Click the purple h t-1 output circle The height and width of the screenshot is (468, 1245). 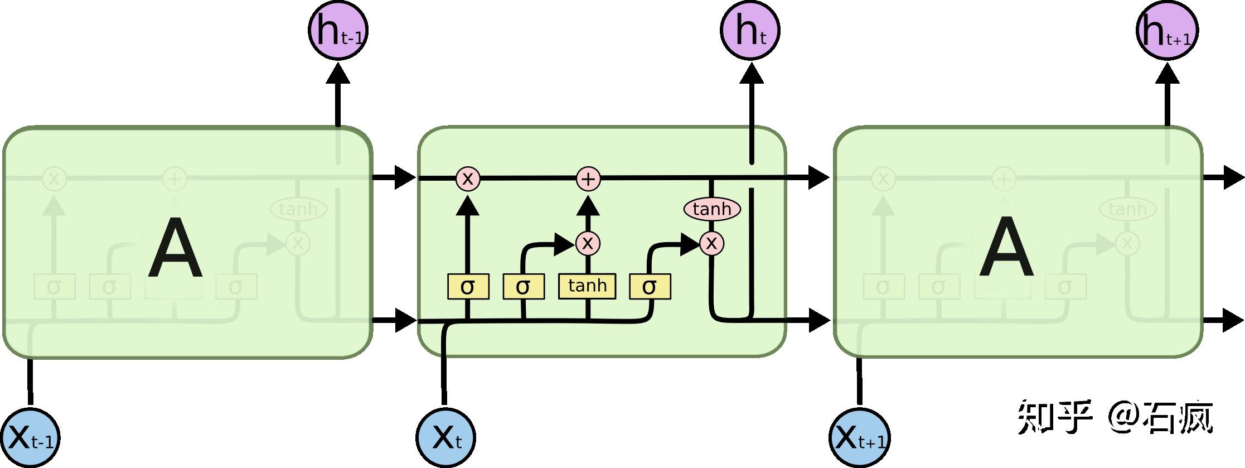[338, 30]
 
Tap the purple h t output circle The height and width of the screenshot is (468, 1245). [750, 30]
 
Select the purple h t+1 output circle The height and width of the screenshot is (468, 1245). [1166, 30]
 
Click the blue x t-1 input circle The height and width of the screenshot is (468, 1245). [29, 437]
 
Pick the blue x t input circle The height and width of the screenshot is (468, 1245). [445, 437]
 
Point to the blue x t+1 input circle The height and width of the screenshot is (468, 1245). [859, 437]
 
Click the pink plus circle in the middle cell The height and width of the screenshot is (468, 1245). [588, 179]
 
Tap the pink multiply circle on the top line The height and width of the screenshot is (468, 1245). [467, 179]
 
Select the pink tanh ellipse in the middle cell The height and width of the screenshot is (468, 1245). [712, 209]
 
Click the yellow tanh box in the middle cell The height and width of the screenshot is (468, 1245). [587, 286]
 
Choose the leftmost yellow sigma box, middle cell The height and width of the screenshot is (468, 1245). [468, 287]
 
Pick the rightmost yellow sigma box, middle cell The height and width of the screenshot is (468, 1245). [650, 287]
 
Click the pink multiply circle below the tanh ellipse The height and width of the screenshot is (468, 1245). [711, 243]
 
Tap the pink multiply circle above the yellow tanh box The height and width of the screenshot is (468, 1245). [587, 243]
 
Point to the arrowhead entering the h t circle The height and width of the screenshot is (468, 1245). [751, 73]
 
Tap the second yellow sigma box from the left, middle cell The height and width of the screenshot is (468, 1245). [523, 287]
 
